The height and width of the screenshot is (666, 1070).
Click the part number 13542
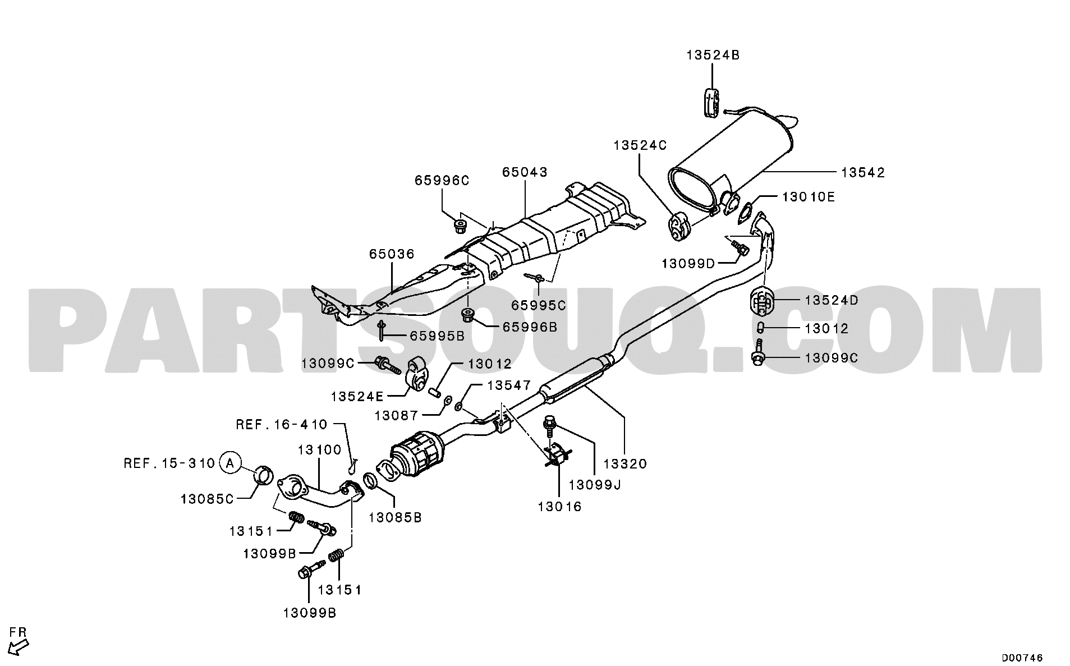tap(863, 172)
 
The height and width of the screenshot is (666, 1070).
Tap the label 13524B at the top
tap(713, 55)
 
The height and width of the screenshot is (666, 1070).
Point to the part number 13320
tap(625, 463)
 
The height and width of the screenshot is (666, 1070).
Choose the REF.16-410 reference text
tap(281, 424)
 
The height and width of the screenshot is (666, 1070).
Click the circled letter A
tap(229, 463)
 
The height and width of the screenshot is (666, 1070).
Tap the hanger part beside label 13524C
tap(678, 226)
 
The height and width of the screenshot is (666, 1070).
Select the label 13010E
tap(809, 197)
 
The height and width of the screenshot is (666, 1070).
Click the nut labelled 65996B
tap(467, 315)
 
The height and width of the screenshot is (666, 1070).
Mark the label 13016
tap(559, 506)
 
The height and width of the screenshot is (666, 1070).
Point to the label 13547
tap(508, 385)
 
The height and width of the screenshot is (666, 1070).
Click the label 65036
tap(392, 254)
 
